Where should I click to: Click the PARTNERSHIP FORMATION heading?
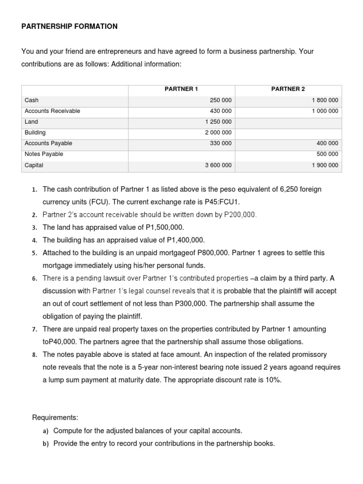point(69,26)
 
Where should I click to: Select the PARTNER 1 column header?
point(181,89)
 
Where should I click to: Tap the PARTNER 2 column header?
point(288,89)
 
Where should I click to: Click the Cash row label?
point(32,100)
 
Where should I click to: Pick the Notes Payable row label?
point(43,154)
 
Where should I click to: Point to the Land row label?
point(31,121)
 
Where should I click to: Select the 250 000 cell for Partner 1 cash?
point(221,100)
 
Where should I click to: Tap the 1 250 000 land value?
point(218,121)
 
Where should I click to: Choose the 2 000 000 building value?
point(218,133)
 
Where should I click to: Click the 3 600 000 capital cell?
point(218,165)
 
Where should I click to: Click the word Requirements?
point(55,418)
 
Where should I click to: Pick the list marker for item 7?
point(35,329)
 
